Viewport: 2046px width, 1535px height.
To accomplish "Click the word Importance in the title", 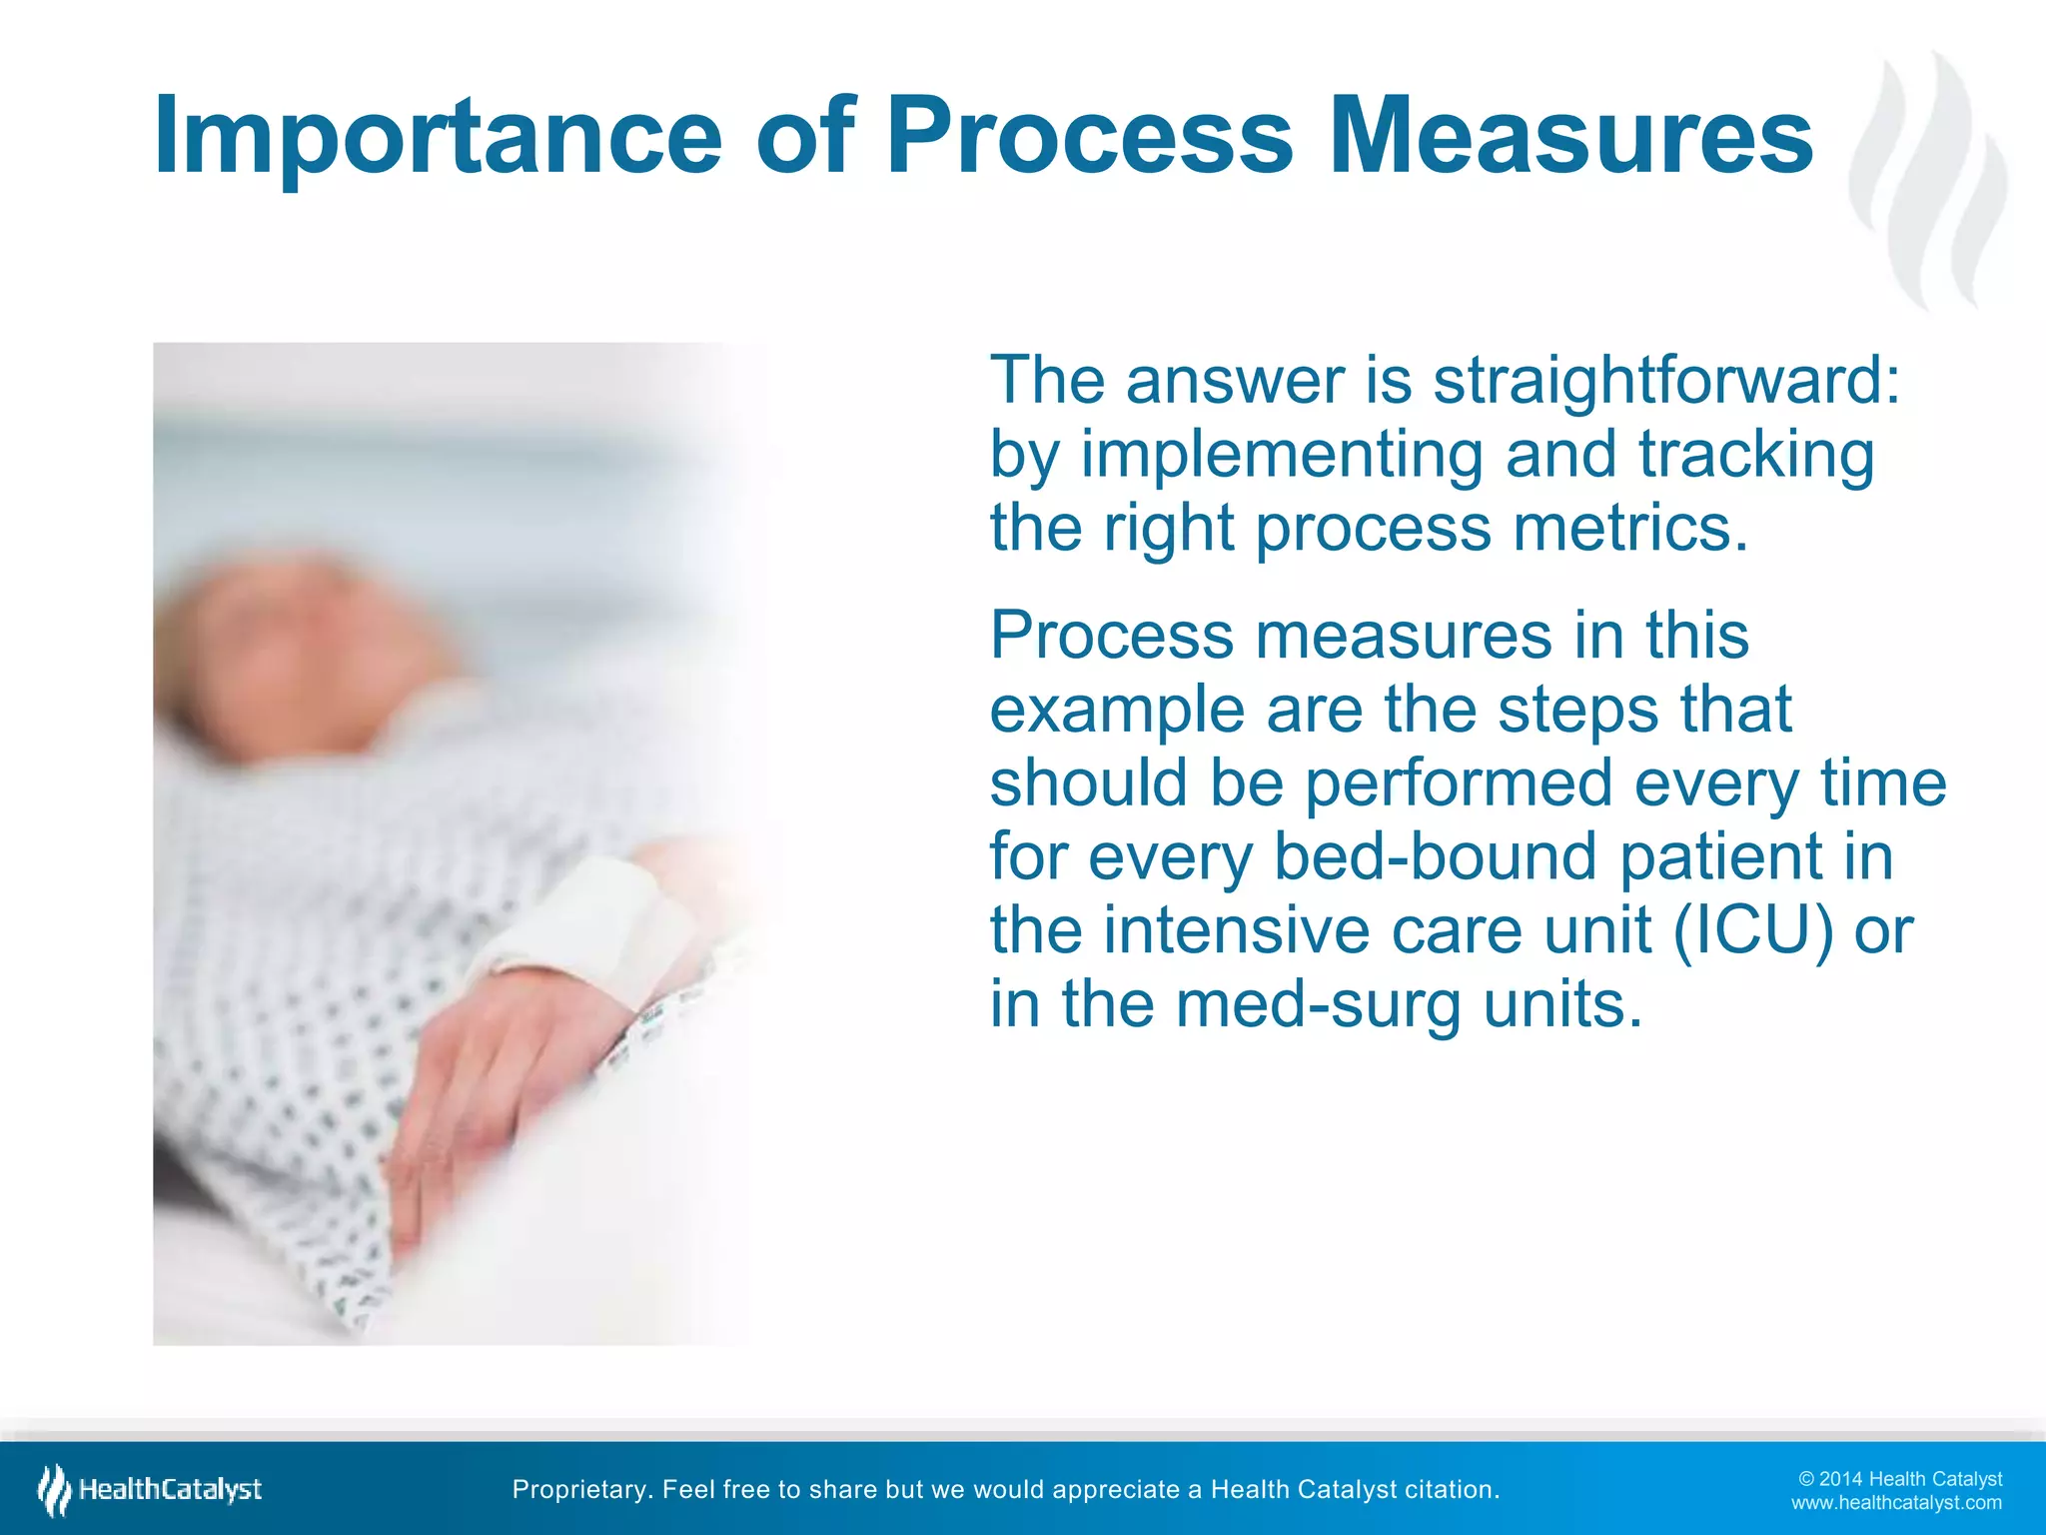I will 438,137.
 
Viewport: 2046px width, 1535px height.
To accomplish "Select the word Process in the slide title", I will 1089,137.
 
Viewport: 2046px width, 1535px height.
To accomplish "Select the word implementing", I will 1283,457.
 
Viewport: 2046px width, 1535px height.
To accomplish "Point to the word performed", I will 1459,784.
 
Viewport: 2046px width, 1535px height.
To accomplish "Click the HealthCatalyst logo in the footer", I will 150,1490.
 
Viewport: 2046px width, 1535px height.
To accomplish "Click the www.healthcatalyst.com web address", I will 1896,1503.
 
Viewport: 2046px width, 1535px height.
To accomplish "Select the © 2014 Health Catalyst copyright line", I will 1900,1479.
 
